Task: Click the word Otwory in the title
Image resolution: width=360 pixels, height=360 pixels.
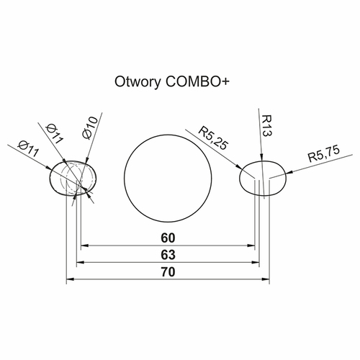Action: click(x=138, y=82)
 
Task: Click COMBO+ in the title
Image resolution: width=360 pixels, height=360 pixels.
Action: click(x=197, y=81)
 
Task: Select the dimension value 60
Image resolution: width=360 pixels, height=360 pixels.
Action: click(x=168, y=238)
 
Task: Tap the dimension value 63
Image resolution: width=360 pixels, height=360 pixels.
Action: click(x=168, y=255)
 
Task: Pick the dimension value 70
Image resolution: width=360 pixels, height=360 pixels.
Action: click(x=168, y=272)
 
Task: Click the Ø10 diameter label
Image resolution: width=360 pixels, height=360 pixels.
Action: click(x=90, y=128)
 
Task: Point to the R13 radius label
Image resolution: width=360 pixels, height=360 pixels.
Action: click(x=266, y=126)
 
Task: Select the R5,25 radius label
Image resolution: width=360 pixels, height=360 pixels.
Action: click(x=212, y=138)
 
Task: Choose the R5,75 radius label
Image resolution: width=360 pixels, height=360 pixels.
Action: click(x=324, y=154)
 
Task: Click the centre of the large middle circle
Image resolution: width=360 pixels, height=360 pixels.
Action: click(x=168, y=179)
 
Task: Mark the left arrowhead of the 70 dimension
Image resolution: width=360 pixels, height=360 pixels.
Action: click(x=70, y=279)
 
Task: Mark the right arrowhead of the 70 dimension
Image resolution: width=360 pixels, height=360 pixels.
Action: click(x=266, y=279)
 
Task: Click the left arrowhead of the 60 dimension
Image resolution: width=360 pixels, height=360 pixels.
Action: click(x=84, y=246)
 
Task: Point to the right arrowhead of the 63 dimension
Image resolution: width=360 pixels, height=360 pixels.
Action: click(x=256, y=262)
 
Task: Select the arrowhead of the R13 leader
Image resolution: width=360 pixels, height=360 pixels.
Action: click(x=261, y=157)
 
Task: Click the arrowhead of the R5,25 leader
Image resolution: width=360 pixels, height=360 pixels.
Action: click(x=238, y=166)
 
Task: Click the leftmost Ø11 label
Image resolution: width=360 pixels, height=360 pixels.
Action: click(x=28, y=149)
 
